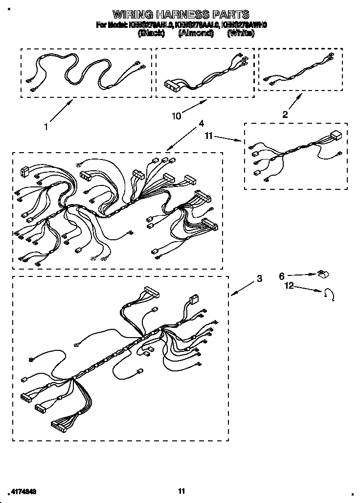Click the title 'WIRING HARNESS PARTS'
[181, 14]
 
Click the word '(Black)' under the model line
[152, 33]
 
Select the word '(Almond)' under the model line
[196, 33]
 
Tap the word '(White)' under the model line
[241, 33]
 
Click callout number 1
[46, 127]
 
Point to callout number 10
[176, 116]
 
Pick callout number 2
[285, 114]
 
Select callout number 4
[201, 124]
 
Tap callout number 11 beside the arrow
[209, 137]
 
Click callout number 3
[259, 279]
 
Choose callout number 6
[282, 276]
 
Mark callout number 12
[290, 286]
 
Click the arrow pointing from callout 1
[61, 112]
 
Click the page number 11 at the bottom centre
[181, 491]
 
